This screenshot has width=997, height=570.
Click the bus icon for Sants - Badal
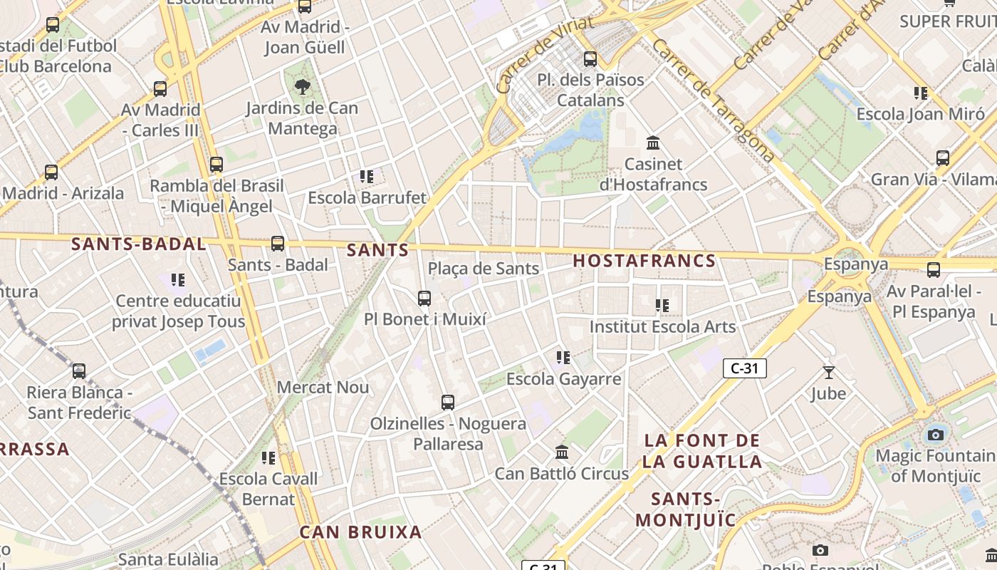point(278,244)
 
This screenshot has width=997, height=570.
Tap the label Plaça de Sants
point(483,269)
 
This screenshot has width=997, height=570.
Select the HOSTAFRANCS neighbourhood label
point(644,261)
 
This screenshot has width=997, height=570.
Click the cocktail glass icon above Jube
point(828,372)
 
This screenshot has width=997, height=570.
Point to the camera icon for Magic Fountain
point(935,435)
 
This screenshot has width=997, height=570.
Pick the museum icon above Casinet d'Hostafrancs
point(653,143)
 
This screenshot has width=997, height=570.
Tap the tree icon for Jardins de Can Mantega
point(303,87)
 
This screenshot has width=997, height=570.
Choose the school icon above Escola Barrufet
point(367,177)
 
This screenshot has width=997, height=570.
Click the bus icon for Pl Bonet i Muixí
point(424,299)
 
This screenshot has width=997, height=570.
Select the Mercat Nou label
point(323,388)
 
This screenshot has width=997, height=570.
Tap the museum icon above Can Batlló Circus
point(562,452)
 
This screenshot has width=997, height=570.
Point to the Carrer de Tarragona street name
point(712,100)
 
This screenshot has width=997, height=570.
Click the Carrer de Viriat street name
point(545,55)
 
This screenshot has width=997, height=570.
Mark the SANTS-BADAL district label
point(138,244)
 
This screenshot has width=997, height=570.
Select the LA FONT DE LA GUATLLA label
point(701,451)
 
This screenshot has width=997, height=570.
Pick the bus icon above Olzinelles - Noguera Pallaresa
point(447,403)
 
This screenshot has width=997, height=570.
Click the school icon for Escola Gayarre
point(563,358)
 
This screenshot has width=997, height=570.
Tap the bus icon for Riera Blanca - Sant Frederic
point(79,371)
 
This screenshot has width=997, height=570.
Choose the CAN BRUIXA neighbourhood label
point(360,532)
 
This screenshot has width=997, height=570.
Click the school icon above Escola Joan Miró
point(921,93)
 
